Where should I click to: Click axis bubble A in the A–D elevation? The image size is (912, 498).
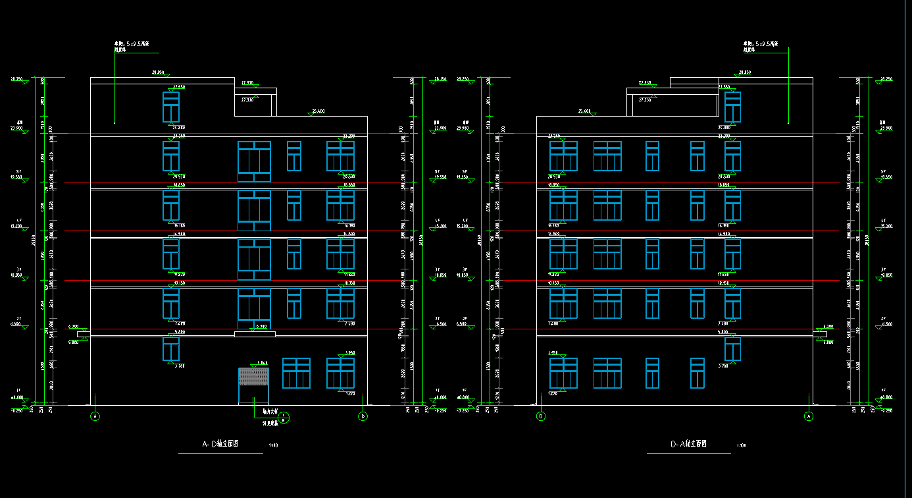(x=95, y=416)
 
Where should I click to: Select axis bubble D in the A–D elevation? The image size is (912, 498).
(x=363, y=416)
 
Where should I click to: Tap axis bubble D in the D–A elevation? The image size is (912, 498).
(x=541, y=416)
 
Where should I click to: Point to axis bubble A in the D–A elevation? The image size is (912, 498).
(x=809, y=416)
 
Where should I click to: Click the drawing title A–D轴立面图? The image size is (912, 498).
(x=220, y=445)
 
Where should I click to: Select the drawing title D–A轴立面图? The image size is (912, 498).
(x=688, y=445)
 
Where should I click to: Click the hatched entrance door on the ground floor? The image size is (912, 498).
(x=253, y=377)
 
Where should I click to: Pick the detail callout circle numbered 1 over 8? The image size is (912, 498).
(x=284, y=416)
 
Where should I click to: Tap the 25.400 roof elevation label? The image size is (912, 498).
(x=318, y=111)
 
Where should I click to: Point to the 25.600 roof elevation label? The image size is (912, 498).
(x=584, y=111)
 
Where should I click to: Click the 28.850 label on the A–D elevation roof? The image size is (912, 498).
(x=158, y=72)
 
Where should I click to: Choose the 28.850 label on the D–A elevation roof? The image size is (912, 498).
(x=745, y=72)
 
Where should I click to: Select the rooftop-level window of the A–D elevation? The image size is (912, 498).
(x=171, y=107)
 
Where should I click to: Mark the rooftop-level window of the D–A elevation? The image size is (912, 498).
(x=732, y=107)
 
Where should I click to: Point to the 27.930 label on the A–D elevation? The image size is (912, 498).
(x=247, y=83)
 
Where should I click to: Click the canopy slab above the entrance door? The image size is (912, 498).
(x=255, y=334)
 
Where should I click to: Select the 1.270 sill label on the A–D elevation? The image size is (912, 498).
(x=349, y=394)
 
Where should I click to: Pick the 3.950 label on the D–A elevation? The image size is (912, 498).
(x=553, y=353)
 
